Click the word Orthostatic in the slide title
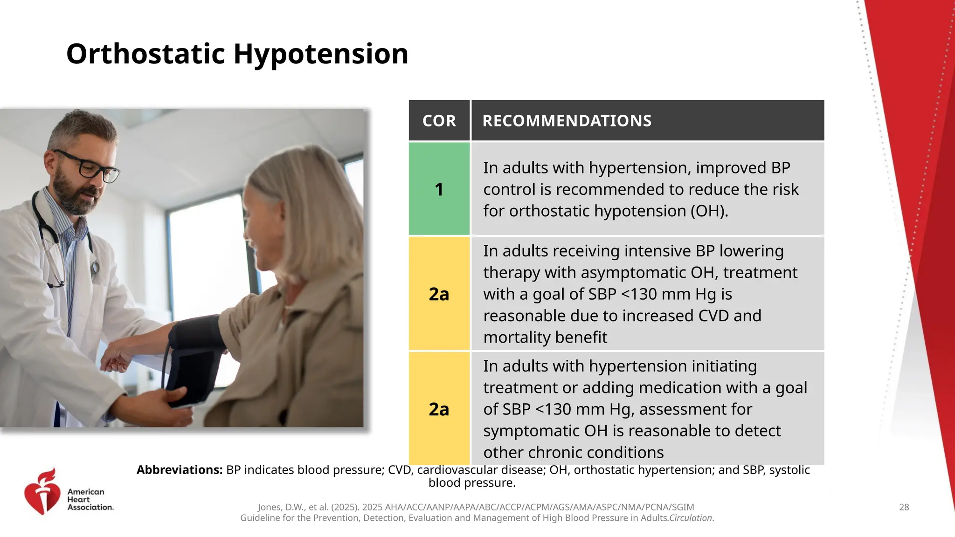pyautogui.click(x=146, y=54)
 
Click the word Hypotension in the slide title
pyautogui.click(x=321, y=54)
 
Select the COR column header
pyautogui.click(x=439, y=121)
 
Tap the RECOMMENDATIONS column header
pyautogui.click(x=567, y=121)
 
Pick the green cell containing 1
pyautogui.click(x=439, y=189)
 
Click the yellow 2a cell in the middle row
pyautogui.click(x=439, y=294)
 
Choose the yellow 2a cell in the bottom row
pyautogui.click(x=439, y=409)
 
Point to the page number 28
pyautogui.click(x=904, y=507)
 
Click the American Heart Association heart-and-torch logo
pyautogui.click(x=42, y=491)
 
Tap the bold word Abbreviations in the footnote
pyautogui.click(x=179, y=470)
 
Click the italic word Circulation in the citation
pyautogui.click(x=690, y=518)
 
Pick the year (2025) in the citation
pyautogui.click(x=345, y=507)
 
